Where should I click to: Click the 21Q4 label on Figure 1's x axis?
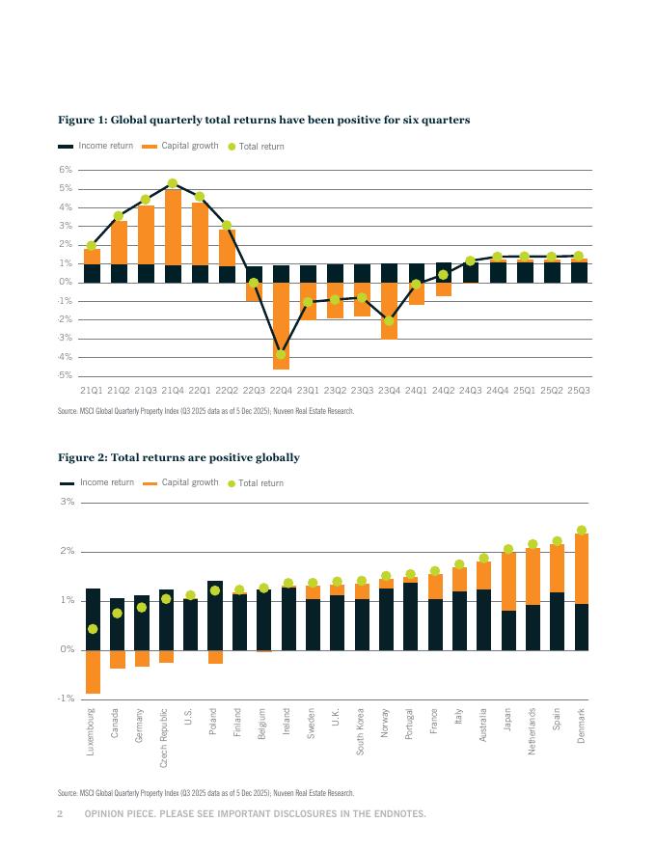point(173,391)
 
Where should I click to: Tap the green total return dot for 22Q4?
point(281,354)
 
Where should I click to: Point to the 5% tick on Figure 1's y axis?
point(67,188)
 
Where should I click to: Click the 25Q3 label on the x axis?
point(579,391)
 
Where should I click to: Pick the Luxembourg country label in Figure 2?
point(93,730)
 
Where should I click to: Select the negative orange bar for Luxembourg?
point(93,671)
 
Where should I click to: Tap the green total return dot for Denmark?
point(582,530)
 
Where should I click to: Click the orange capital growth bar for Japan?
point(508,582)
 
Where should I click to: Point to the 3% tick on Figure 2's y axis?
point(67,502)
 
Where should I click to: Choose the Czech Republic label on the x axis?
point(166,739)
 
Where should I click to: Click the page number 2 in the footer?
point(60,814)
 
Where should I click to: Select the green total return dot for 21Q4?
point(173,182)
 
